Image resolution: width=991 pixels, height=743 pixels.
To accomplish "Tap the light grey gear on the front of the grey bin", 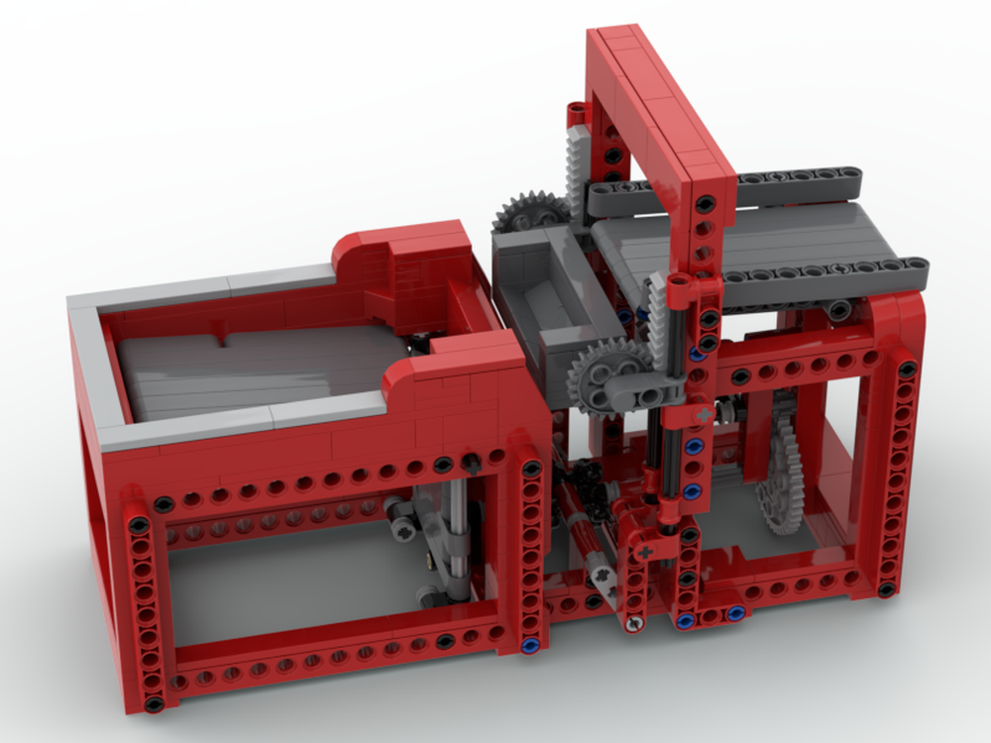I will click(606, 372).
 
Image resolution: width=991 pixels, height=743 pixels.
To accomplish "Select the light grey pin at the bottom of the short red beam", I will click(632, 623).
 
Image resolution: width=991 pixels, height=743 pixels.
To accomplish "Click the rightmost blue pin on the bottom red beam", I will click(735, 614).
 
